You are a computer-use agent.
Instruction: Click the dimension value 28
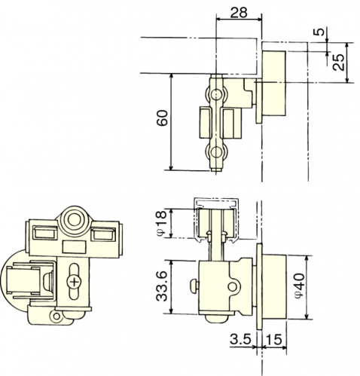[239, 12]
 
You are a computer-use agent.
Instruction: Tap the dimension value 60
[162, 118]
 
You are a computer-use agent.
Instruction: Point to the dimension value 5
[319, 32]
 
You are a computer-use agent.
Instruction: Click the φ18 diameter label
[161, 223]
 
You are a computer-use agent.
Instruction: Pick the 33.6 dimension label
[161, 286]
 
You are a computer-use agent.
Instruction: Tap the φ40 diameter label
[301, 286]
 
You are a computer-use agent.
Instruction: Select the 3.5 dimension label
[240, 339]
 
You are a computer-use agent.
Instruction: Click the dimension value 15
[274, 340]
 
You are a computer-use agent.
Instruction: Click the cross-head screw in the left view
[75, 282]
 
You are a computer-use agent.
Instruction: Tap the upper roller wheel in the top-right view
[215, 95]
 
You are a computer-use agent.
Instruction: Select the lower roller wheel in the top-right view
[215, 152]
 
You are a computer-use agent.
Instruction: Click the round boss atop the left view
[74, 219]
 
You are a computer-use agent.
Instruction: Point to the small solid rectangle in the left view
[74, 247]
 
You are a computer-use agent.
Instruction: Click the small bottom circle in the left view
[56, 316]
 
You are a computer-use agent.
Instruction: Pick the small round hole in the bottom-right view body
[232, 286]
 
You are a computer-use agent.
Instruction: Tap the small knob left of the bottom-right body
[194, 286]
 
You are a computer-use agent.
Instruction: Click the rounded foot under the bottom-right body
[217, 319]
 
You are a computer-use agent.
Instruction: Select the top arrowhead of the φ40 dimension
[307, 258]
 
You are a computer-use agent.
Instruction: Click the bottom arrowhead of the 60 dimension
[171, 167]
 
